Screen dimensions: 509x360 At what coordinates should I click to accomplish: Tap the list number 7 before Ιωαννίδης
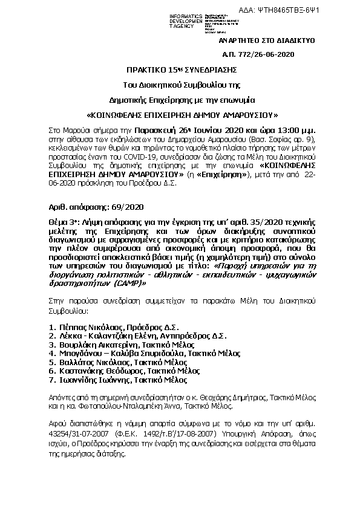50,380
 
